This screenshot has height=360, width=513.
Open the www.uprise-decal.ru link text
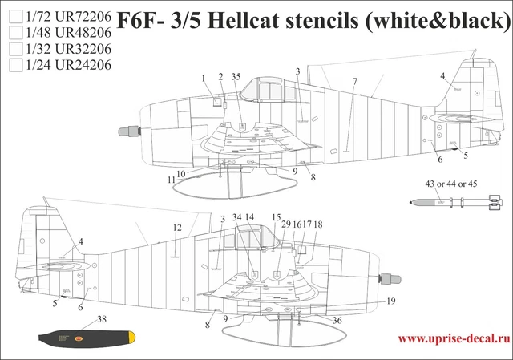[x=453, y=338]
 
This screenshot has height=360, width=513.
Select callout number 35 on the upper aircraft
[x=236, y=77]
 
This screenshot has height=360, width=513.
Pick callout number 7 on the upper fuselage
[x=353, y=82]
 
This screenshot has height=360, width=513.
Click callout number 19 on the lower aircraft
[x=391, y=301]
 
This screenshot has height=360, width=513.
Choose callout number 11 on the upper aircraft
[x=171, y=180]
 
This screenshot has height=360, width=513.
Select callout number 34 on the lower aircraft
[x=236, y=217]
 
